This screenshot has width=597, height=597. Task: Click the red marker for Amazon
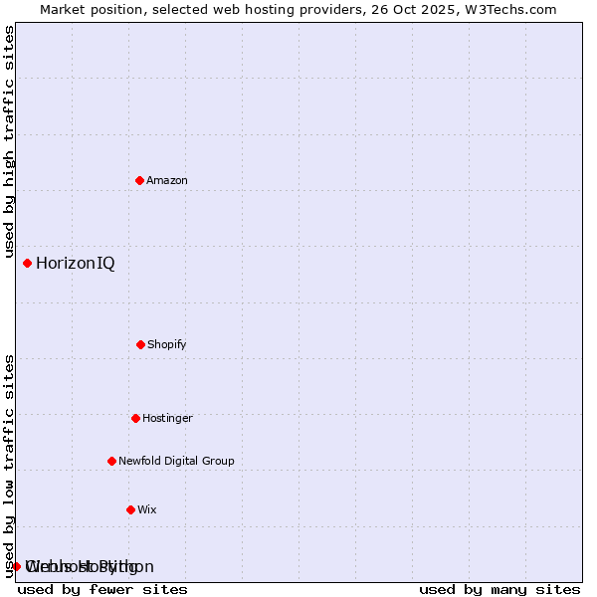139,180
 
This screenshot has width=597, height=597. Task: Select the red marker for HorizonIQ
27,263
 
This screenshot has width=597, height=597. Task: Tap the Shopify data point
140,344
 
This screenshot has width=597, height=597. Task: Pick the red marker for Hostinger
135,418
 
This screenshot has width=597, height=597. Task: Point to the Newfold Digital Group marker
111,461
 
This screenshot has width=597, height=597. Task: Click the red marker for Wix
130,509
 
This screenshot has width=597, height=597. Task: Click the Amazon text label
167,180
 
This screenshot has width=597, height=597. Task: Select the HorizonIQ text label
75,263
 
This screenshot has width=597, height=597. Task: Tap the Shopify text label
167,344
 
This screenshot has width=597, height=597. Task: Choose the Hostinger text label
167,418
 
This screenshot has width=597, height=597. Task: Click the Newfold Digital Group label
176,461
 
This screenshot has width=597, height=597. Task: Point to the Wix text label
147,509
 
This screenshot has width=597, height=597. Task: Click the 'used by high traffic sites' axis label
9,141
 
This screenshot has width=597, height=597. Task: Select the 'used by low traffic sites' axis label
9,465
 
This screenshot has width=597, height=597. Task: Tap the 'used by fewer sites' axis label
102,589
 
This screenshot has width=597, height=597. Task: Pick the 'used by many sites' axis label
499,589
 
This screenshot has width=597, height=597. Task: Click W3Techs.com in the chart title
508,9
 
